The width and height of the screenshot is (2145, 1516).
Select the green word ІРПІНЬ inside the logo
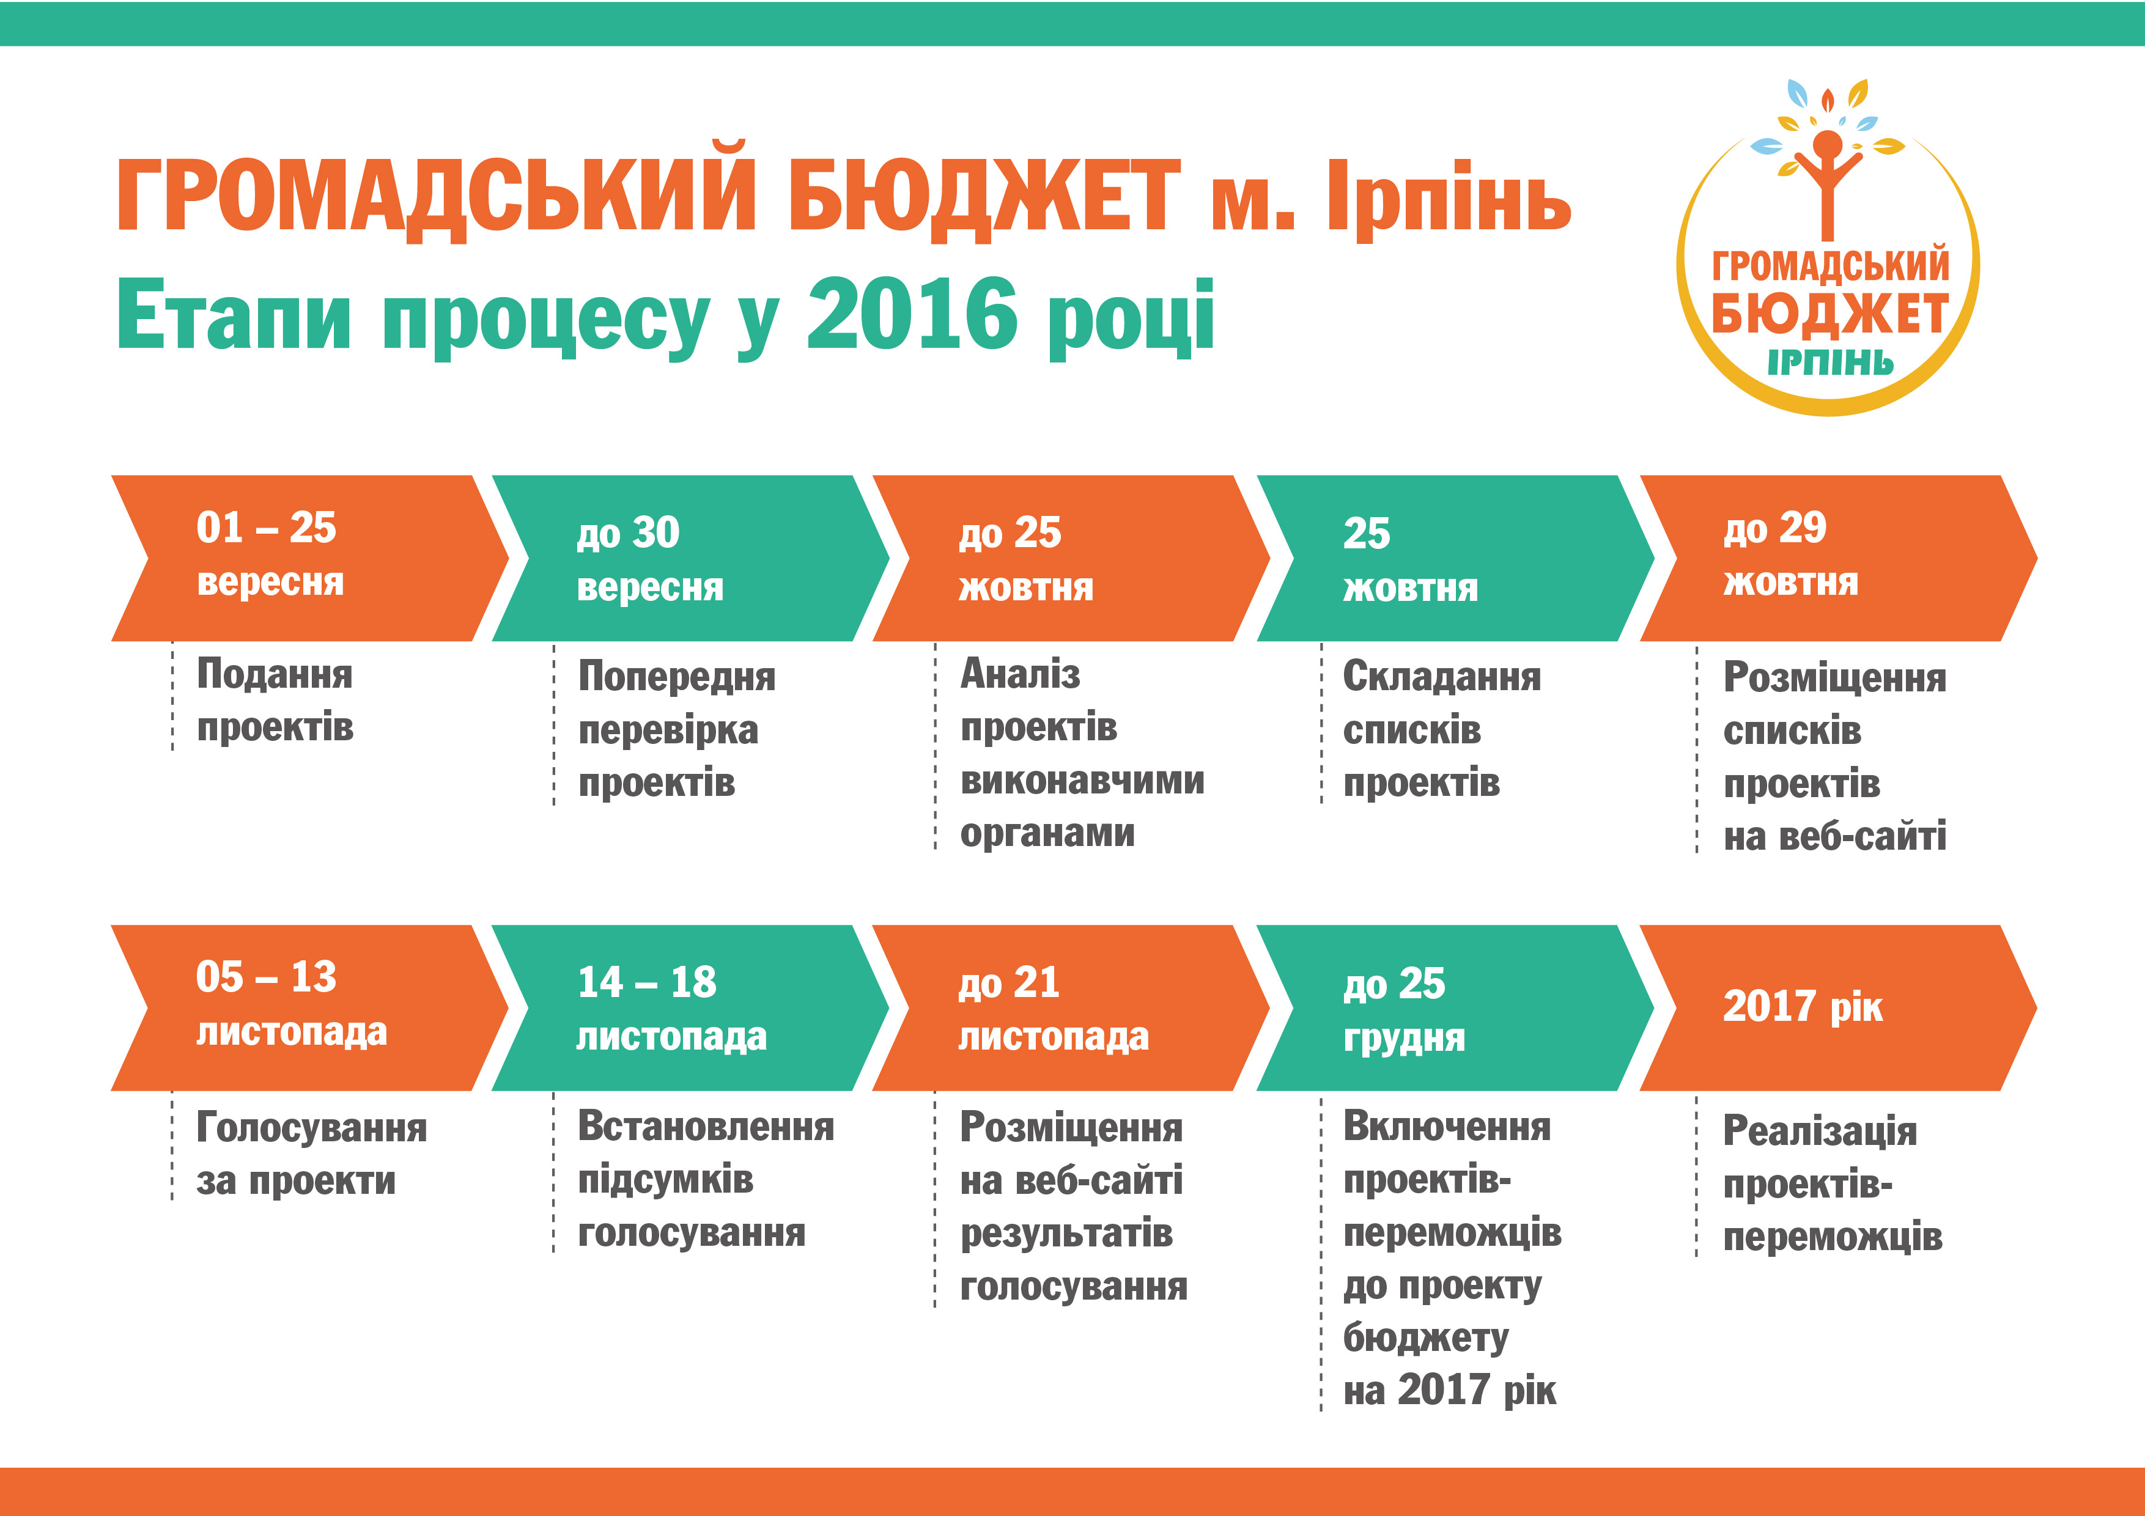[x=1830, y=362]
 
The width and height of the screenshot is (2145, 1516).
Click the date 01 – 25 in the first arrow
[x=266, y=528]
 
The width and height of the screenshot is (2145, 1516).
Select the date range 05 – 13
[x=266, y=977]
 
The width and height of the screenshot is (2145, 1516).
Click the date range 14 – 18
[x=646, y=982]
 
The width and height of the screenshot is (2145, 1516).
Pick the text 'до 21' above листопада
[x=1009, y=982]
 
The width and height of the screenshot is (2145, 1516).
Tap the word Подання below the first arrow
[x=275, y=674]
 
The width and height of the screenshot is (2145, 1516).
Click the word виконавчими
[x=1082, y=780]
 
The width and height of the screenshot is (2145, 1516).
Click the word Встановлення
[x=706, y=1127]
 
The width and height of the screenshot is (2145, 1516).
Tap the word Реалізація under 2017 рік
[x=1820, y=1131]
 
